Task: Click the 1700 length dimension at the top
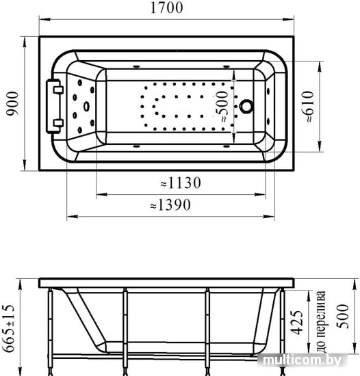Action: [166, 8]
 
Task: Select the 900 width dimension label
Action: [12, 104]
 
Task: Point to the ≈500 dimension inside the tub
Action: [221, 106]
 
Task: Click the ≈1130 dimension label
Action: [181, 183]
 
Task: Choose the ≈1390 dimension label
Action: [170, 205]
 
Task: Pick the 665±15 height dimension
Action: [8, 328]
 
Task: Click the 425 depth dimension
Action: [296, 323]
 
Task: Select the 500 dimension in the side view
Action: [342, 316]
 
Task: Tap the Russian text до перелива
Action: [321, 321]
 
